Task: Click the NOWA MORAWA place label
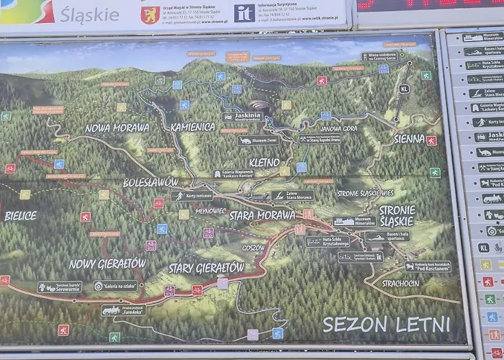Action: click(x=117, y=127)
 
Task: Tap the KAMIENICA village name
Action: click(x=192, y=127)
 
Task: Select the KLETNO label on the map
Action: click(x=264, y=163)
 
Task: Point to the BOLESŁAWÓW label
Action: click(x=150, y=183)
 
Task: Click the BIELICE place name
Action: click(x=20, y=215)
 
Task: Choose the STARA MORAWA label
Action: click(x=262, y=215)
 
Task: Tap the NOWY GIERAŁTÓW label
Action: click(x=107, y=264)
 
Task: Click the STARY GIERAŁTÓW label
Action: click(x=206, y=268)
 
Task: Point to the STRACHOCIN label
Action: click(x=402, y=283)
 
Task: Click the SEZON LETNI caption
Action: click(x=386, y=324)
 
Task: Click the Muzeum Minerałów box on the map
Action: click(x=354, y=221)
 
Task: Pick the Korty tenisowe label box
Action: click(x=192, y=196)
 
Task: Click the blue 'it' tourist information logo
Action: click(x=245, y=13)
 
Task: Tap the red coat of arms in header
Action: click(x=150, y=14)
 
